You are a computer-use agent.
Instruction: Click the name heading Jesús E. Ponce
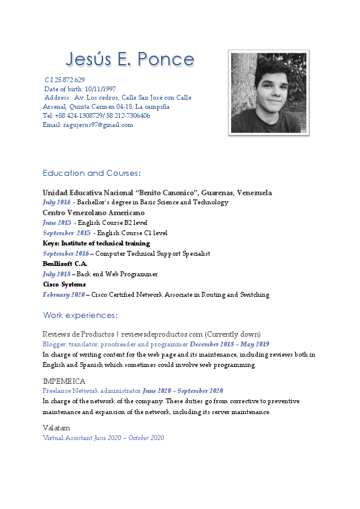[x=130, y=59]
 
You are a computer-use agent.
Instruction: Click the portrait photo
[x=269, y=92]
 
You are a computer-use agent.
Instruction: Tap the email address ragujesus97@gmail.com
[x=98, y=125]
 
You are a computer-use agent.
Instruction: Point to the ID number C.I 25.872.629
[x=65, y=80]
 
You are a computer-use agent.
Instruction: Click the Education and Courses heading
[x=91, y=173]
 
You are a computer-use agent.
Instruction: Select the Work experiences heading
[x=80, y=316]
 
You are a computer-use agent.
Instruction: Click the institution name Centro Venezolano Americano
[x=93, y=213]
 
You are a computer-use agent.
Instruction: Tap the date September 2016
[x=66, y=254]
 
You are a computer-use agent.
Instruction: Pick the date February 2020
[x=64, y=295]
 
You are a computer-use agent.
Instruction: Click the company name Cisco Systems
[x=64, y=284]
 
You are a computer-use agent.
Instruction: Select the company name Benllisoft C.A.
[x=65, y=264]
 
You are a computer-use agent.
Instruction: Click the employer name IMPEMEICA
[x=64, y=381]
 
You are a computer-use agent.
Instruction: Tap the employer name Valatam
[x=56, y=427]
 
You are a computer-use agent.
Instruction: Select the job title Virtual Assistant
[x=67, y=438]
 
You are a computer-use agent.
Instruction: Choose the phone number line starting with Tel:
[x=96, y=115]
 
